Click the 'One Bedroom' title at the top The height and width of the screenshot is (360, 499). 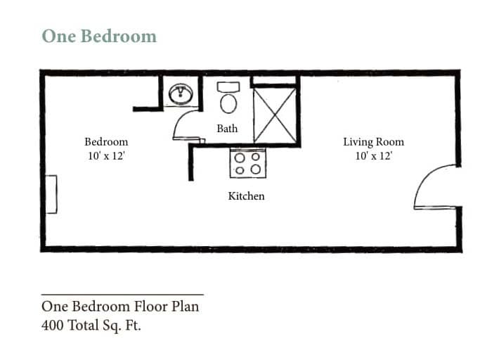pyautogui.click(x=98, y=36)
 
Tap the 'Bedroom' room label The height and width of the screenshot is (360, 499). pyautogui.click(x=106, y=141)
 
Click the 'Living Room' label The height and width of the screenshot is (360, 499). pyautogui.click(x=373, y=141)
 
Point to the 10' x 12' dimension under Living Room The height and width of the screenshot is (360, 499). pyautogui.click(x=373, y=156)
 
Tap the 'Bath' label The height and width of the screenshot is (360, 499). pyautogui.click(x=227, y=129)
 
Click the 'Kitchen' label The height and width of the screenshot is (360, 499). pyautogui.click(x=246, y=196)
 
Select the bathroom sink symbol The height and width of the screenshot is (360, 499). pyautogui.click(x=182, y=93)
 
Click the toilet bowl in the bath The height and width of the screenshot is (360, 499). pyautogui.click(x=228, y=103)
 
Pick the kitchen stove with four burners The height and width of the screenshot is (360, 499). pyautogui.click(x=247, y=163)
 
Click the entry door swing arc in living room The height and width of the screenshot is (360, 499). pyautogui.click(x=434, y=187)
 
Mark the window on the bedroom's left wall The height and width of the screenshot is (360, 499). pyautogui.click(x=51, y=193)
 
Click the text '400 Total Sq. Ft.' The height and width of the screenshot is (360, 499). pyautogui.click(x=91, y=326)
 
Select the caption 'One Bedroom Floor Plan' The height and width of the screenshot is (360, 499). pyautogui.click(x=120, y=306)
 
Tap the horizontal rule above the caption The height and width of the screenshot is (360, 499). pyautogui.click(x=122, y=294)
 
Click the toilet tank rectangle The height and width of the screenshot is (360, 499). pyautogui.click(x=228, y=86)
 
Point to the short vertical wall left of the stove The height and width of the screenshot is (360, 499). pyautogui.click(x=190, y=162)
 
